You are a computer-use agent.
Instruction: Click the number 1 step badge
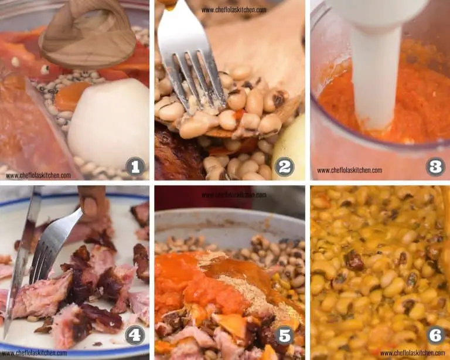135,167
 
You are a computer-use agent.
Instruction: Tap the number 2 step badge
284,167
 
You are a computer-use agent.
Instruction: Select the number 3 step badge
435,167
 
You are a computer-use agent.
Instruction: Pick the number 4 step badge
135,335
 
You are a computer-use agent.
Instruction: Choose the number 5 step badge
284,335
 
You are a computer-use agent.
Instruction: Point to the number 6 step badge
435,335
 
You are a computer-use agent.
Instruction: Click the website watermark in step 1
38,175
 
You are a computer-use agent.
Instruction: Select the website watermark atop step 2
234,10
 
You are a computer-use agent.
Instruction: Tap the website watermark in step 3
350,170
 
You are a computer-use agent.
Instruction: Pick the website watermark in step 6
412,353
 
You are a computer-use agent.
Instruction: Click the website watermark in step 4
34,353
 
